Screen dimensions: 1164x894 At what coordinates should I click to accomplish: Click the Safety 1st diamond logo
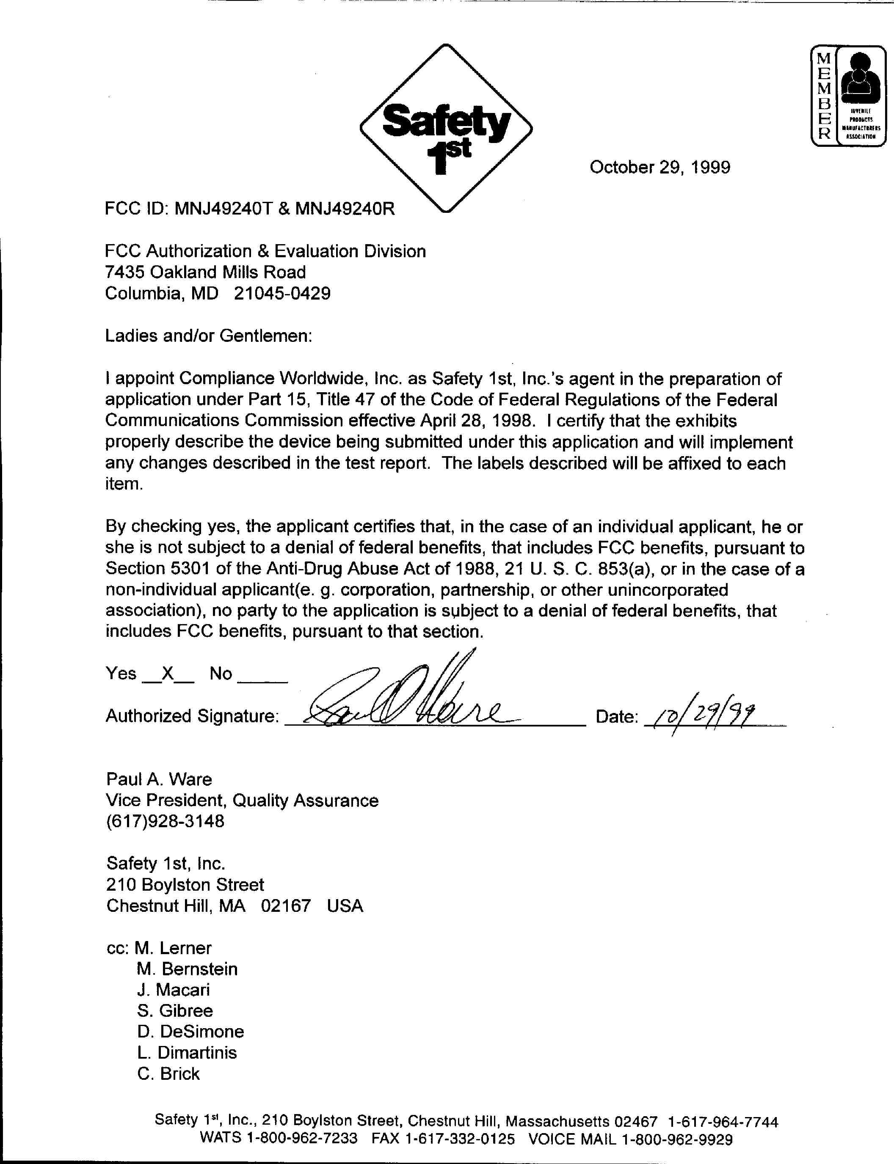point(446,128)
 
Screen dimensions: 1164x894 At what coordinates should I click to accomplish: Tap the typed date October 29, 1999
point(659,167)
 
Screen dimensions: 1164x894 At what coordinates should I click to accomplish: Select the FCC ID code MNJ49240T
point(223,209)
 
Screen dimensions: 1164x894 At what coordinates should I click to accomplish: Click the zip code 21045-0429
point(282,293)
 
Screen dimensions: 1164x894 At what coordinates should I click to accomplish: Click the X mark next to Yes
point(168,674)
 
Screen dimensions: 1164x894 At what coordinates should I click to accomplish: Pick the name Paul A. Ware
point(159,779)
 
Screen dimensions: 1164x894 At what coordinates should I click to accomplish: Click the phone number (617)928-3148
point(165,821)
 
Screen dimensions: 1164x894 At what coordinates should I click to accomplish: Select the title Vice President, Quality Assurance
point(242,800)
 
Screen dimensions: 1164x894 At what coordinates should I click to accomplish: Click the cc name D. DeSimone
point(190,1032)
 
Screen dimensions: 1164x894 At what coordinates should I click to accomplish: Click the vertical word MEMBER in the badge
point(823,96)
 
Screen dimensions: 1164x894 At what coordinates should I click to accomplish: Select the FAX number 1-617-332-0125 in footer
point(460,1139)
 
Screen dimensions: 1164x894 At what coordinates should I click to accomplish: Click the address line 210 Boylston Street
point(185,885)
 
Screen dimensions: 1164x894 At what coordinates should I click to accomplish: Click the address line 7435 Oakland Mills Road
point(205,272)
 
